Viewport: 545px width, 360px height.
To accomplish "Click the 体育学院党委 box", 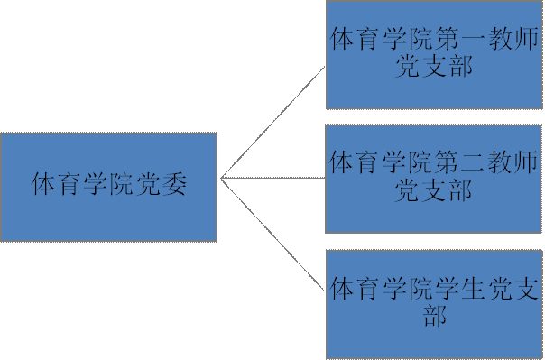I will pyautogui.click(x=108, y=187).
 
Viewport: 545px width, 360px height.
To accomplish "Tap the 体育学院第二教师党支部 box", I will pyautogui.click(x=433, y=179).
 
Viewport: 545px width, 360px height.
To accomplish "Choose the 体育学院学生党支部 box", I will pyautogui.click(x=433, y=304).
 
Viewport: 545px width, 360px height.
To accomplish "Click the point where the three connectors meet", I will pyautogui.click(x=222, y=178).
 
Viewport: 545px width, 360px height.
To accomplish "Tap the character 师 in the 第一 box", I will pyautogui.click(x=526, y=41).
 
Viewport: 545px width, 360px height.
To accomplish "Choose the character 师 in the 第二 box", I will pyautogui.click(x=526, y=163).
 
